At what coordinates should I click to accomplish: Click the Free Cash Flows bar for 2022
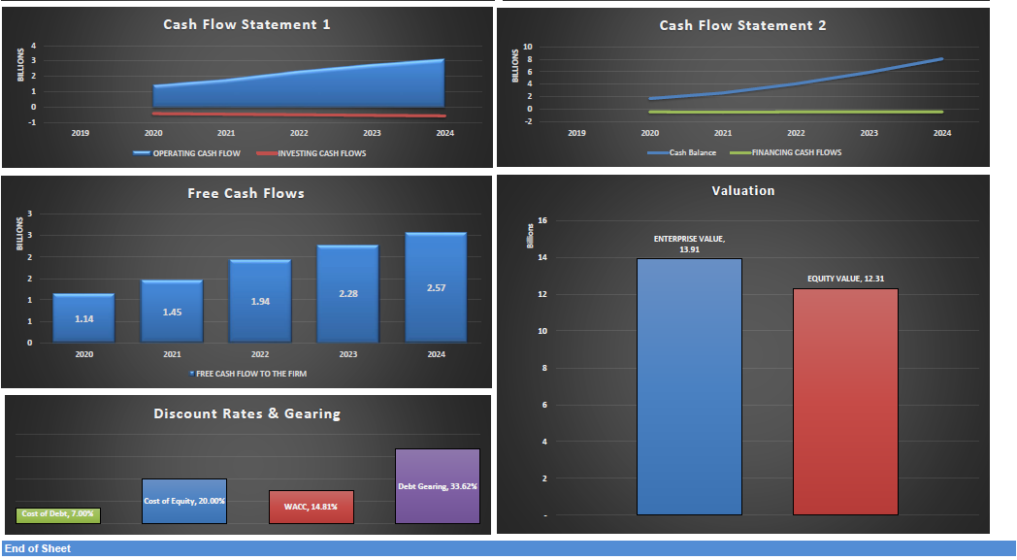(260, 302)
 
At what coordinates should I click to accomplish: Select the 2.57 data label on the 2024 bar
(436, 289)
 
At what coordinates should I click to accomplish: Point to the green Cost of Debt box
(58, 514)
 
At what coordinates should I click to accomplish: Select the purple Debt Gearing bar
(437, 486)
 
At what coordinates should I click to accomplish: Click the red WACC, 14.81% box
(311, 507)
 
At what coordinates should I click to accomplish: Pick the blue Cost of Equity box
(184, 501)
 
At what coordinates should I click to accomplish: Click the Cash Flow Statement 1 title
(246, 24)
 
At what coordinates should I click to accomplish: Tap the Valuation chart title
(742, 190)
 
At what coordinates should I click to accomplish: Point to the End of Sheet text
(38, 548)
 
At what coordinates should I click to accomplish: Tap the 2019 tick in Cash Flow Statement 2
(576, 132)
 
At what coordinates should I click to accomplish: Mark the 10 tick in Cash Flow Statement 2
(527, 47)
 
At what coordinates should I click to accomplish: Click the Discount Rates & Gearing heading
(246, 413)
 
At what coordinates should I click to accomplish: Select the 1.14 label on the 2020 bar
(84, 318)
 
